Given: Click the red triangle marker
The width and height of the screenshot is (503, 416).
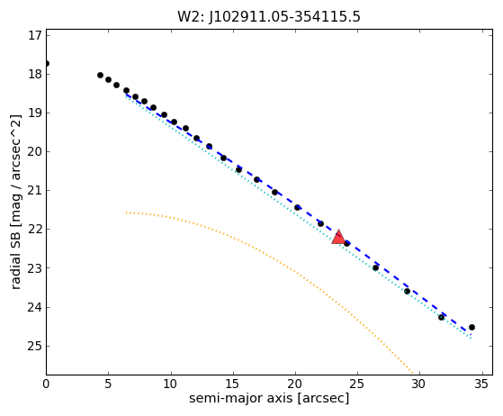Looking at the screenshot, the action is pyautogui.click(x=338, y=238).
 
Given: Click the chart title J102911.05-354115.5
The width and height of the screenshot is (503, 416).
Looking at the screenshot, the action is pyautogui.click(x=285, y=17).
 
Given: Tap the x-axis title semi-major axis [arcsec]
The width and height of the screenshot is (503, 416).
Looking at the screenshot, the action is pyautogui.click(x=269, y=398).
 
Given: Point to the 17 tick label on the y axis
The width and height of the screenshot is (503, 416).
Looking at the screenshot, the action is pyautogui.click(x=35, y=35).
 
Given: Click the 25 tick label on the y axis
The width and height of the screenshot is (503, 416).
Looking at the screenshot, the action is pyautogui.click(x=35, y=346).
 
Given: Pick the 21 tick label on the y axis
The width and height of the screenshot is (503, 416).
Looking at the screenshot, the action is pyautogui.click(x=35, y=191).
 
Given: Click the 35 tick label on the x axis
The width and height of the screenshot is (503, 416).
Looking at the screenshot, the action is pyautogui.click(x=481, y=384).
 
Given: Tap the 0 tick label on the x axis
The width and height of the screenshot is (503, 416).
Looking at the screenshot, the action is pyautogui.click(x=46, y=384).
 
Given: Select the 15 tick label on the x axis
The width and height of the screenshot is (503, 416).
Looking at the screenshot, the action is pyautogui.click(x=232, y=384).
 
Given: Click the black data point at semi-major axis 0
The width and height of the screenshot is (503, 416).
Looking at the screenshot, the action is pyautogui.click(x=47, y=64).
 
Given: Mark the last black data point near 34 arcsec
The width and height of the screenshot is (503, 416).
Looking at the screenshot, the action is pyautogui.click(x=472, y=328).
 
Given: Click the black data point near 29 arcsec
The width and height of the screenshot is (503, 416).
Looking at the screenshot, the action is pyautogui.click(x=407, y=292).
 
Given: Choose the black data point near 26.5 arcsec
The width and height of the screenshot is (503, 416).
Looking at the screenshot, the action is pyautogui.click(x=375, y=267).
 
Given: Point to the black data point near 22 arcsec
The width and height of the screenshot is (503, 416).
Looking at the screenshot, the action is pyautogui.click(x=320, y=223).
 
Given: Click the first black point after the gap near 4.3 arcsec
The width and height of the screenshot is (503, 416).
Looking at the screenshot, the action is pyautogui.click(x=100, y=75).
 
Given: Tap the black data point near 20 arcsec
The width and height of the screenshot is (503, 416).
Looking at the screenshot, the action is pyautogui.click(x=297, y=208).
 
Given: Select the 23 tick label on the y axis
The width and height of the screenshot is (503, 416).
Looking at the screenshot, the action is pyautogui.click(x=35, y=268).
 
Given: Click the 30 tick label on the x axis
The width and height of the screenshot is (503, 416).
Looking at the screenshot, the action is pyautogui.click(x=418, y=384).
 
